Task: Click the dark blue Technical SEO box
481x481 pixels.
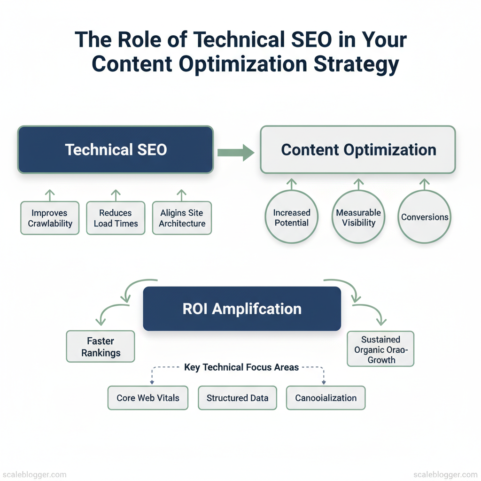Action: [x=116, y=150]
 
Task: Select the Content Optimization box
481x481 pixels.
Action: [x=357, y=150]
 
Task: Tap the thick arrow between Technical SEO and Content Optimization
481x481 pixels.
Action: [x=236, y=153]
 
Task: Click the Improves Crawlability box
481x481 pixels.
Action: [x=50, y=218]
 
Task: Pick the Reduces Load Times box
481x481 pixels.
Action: [x=116, y=218]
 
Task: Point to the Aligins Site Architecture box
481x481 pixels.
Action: [x=182, y=218]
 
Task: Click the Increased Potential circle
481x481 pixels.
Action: [x=291, y=217]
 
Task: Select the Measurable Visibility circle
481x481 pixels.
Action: [x=358, y=217]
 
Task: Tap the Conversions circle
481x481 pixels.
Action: [x=424, y=217]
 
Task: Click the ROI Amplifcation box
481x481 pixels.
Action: [x=242, y=309]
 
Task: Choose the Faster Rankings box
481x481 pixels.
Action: [x=101, y=347]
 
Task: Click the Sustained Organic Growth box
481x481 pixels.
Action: [x=380, y=349]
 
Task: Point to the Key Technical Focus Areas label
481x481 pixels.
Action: [x=241, y=367]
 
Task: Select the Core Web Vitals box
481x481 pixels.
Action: [x=148, y=398]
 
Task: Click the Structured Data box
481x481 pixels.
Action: [x=237, y=398]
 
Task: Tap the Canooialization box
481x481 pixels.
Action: [x=326, y=398]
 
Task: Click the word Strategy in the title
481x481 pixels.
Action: [x=356, y=65]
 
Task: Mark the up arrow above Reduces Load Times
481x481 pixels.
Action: [x=116, y=195]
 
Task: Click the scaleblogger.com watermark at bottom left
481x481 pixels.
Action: [x=34, y=474]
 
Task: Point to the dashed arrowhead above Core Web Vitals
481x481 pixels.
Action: [x=152, y=382]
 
